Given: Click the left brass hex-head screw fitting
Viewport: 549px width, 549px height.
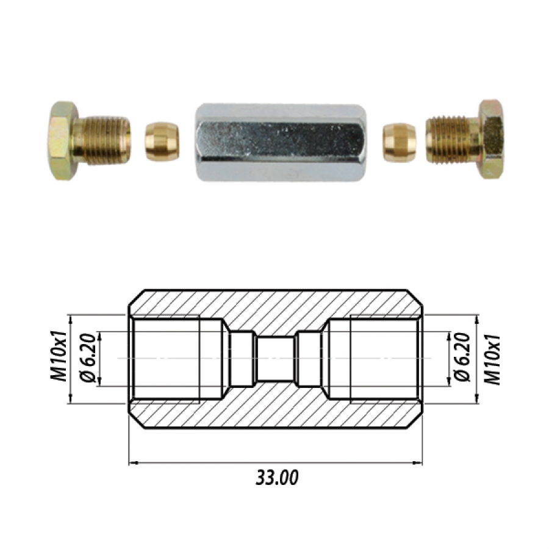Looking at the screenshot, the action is coord(89,141).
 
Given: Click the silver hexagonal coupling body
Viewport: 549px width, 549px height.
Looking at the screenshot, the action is coord(281,142).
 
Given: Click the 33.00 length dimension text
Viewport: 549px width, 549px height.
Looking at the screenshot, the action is coord(277,478).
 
